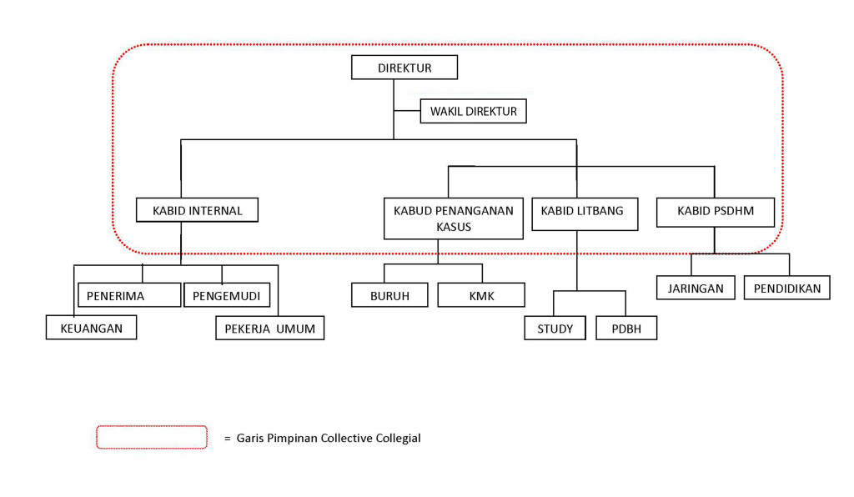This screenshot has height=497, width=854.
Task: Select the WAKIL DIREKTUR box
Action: pyautogui.click(x=473, y=111)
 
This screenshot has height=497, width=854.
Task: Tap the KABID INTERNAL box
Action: pyautogui.click(x=197, y=210)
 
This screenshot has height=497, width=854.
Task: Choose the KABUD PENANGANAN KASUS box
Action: pyautogui.click(x=453, y=218)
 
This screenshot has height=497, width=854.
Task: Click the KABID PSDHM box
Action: pyautogui.click(x=715, y=211)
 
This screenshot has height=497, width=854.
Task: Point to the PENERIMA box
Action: pyautogui.click(x=129, y=295)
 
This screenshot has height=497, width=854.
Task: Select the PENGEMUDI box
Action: pyautogui.click(x=227, y=295)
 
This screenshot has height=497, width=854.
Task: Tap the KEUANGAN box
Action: pyautogui.click(x=91, y=328)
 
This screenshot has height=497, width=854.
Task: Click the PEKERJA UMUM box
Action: pyautogui.click(x=269, y=328)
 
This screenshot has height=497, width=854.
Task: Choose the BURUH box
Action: pyautogui.click(x=389, y=295)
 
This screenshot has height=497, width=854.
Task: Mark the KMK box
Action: pyautogui.click(x=481, y=295)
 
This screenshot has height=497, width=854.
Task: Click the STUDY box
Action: pyautogui.click(x=555, y=329)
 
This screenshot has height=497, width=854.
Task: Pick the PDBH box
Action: pyautogui.click(x=626, y=329)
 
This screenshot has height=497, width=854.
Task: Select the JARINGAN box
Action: pyautogui.click(x=696, y=289)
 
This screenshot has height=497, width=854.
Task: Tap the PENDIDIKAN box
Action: pyautogui.click(x=786, y=289)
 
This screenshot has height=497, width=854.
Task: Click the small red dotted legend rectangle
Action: pyautogui.click(x=151, y=437)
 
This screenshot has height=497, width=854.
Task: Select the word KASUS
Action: pyautogui.click(x=454, y=227)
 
